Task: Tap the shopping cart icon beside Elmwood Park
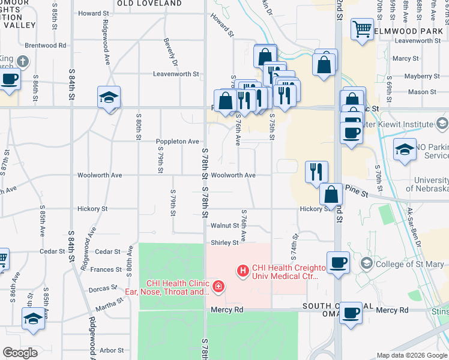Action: pos(361,29)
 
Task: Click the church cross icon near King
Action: pos(22,61)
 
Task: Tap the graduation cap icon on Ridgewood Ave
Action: pos(109,98)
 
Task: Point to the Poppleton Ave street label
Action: pos(177,142)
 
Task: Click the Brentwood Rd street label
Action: pos(46,45)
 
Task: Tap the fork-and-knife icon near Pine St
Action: pos(316,171)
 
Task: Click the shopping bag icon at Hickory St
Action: pos(331,194)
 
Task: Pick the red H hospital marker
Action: pos(243,272)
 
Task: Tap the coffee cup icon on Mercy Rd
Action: pos(351,313)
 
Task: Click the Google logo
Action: pos(20,353)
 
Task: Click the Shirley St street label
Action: pos(224,243)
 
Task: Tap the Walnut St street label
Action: pos(225,226)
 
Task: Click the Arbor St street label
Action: pos(112,350)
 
